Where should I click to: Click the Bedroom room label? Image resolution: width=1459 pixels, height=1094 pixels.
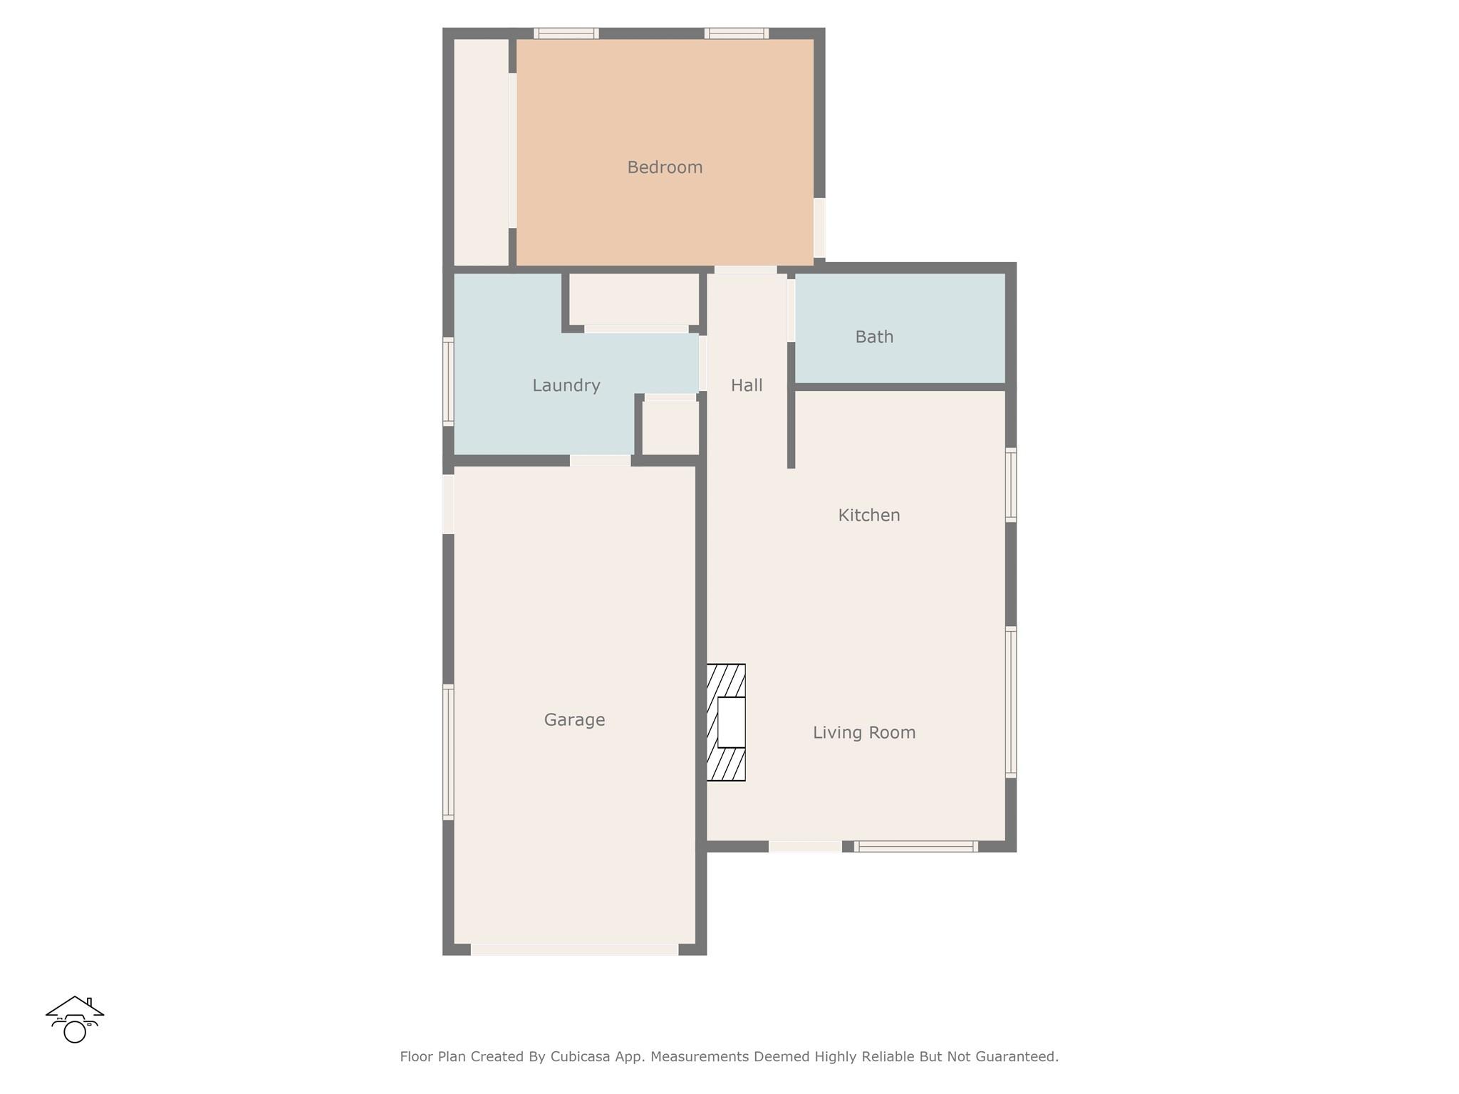click(665, 167)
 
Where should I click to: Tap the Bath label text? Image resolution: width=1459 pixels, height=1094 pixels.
click(874, 337)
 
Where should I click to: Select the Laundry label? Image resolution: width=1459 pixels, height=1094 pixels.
click(566, 385)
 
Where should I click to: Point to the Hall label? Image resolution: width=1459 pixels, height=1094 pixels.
click(747, 385)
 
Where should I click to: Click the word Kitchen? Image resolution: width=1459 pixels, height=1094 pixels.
click(869, 515)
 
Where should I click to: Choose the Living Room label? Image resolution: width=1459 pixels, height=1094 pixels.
click(864, 732)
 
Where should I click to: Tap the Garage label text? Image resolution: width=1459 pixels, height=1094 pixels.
click(574, 720)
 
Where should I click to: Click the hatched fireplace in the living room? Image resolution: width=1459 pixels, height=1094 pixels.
click(726, 722)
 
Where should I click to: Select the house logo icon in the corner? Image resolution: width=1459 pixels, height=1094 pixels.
click(75, 1019)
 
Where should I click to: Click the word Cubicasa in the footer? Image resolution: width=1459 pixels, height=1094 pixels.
click(580, 1056)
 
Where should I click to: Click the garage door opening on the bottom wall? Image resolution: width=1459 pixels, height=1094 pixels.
click(574, 949)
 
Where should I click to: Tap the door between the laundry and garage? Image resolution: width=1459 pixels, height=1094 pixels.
click(600, 461)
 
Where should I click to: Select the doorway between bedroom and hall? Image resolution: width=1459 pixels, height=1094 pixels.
click(745, 270)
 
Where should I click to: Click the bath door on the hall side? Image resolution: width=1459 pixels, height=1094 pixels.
click(791, 311)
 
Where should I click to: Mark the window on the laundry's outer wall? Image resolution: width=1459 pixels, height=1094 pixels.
click(448, 382)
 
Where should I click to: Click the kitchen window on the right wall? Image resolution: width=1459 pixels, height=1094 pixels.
click(1011, 485)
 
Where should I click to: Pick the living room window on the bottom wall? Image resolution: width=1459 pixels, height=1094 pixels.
click(915, 846)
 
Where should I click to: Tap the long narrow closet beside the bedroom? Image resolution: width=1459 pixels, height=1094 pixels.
click(482, 152)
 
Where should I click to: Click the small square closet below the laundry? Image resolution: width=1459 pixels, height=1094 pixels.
click(670, 427)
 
